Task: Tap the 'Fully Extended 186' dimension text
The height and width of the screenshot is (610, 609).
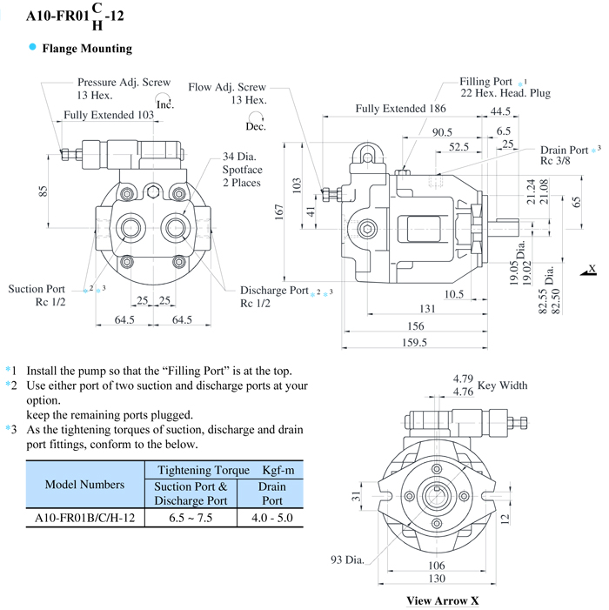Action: tap(401, 110)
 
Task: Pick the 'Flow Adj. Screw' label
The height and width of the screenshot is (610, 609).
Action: tap(227, 88)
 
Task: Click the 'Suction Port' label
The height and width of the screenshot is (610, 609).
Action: tap(37, 289)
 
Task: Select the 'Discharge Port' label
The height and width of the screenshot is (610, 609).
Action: tap(274, 291)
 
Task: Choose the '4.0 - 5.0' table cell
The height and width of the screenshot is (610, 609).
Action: tap(271, 517)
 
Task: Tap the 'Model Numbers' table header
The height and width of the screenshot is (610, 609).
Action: tap(84, 485)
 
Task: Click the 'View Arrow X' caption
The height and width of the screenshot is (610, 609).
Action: tap(442, 600)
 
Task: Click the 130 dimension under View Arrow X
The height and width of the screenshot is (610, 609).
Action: tap(443, 580)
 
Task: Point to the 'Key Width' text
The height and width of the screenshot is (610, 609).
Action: tap(502, 385)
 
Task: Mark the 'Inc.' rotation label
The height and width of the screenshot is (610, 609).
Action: tap(165, 105)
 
